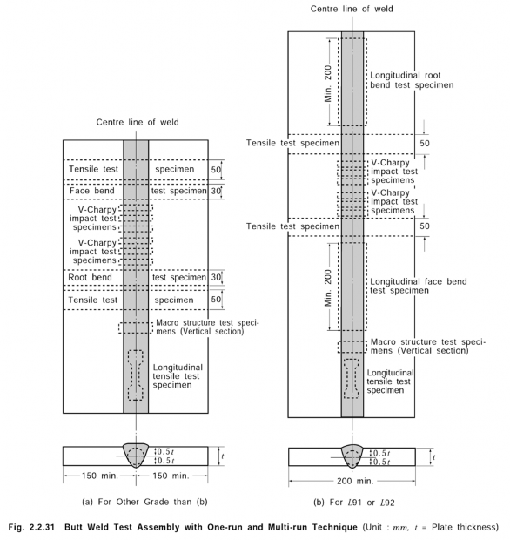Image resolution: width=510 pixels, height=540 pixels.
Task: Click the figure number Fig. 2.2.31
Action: point(31,527)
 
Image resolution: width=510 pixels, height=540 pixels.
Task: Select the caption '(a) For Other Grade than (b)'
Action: point(144,502)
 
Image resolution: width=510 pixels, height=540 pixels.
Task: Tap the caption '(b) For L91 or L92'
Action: point(353,503)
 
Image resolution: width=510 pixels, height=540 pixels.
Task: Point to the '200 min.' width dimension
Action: point(355,481)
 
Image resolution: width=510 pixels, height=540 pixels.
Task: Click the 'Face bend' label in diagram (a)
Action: point(92,191)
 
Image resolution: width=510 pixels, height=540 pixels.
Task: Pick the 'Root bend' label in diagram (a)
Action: point(90,277)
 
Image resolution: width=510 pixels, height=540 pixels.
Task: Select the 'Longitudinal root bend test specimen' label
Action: point(412,80)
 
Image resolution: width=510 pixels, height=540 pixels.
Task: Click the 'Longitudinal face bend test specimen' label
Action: point(418,286)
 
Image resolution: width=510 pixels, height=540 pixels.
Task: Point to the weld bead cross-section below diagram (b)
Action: point(352,456)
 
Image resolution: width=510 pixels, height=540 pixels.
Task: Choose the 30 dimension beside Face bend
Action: point(216,191)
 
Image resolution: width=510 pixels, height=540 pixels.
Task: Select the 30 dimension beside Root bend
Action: point(216,277)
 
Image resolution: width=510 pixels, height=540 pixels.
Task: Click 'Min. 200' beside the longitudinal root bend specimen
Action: point(327,84)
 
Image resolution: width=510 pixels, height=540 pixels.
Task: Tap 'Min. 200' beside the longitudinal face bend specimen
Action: point(327,288)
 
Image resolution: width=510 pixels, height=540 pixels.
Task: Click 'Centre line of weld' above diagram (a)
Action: point(138,122)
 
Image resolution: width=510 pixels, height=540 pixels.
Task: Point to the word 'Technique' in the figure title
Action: point(335,527)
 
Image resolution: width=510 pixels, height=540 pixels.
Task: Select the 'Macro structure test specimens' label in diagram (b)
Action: point(427,347)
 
